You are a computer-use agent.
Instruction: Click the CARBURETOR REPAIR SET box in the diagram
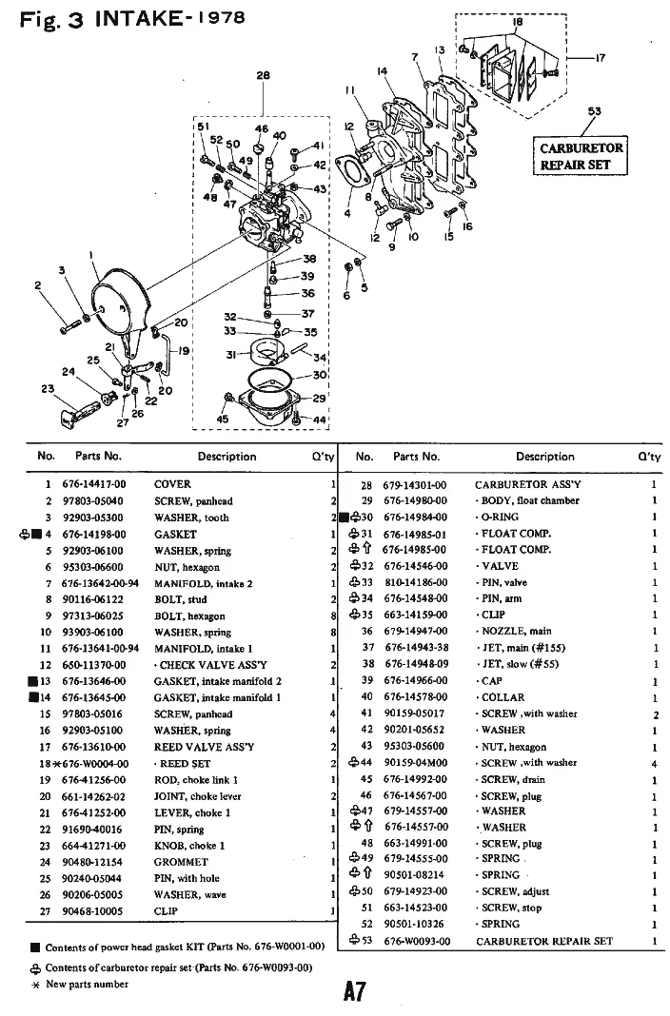[x=581, y=156]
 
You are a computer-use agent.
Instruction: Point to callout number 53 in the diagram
[x=595, y=111]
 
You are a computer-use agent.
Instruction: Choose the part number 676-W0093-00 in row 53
[x=415, y=941]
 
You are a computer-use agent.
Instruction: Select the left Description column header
[x=227, y=457]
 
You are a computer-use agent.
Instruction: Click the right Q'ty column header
[x=650, y=457]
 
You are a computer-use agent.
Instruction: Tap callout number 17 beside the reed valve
[x=600, y=58]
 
